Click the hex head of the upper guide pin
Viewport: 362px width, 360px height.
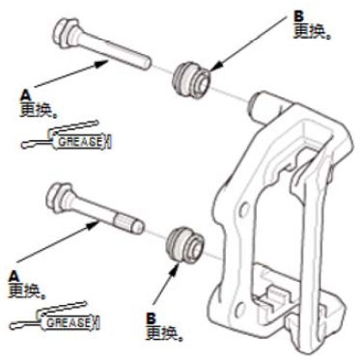pos(66,31)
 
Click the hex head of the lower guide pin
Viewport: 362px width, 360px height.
pos(59,197)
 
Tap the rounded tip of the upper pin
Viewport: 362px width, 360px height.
pos(146,63)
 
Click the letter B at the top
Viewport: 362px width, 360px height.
pos(299,17)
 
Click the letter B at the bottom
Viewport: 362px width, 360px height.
pos(151,318)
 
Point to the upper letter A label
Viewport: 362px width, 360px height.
pos(25,96)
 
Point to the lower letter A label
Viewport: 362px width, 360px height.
pos(14,276)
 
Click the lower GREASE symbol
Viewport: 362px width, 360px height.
pos(55,319)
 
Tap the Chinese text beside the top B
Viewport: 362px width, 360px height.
pos(313,32)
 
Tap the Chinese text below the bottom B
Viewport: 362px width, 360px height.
pos(165,333)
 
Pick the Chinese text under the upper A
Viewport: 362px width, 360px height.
pos(39,110)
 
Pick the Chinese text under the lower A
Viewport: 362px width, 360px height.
pos(27,291)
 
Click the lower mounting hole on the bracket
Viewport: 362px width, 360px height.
pos(239,304)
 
